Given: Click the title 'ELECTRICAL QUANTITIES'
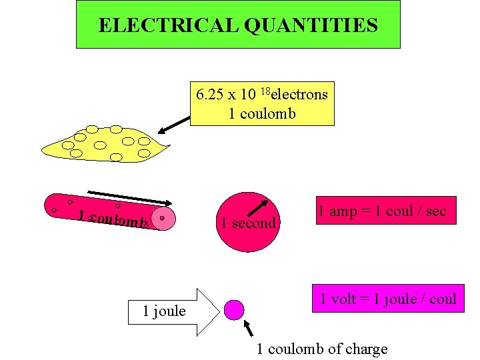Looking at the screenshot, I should pos(238,25).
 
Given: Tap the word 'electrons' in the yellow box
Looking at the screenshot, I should pos(299,94).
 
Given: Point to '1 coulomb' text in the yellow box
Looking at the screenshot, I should pos(262,113).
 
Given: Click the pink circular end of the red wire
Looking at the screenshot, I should pos(163,218).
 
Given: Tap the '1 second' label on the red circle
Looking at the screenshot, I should pos(249,223).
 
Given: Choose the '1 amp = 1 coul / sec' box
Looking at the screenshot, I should pos(381,211).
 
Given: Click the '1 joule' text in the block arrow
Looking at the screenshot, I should pos(164,311).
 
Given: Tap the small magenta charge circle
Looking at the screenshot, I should pos(233,309).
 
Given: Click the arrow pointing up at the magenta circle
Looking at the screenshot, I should pos(250,328).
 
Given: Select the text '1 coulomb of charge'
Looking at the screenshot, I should pos(322,349).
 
